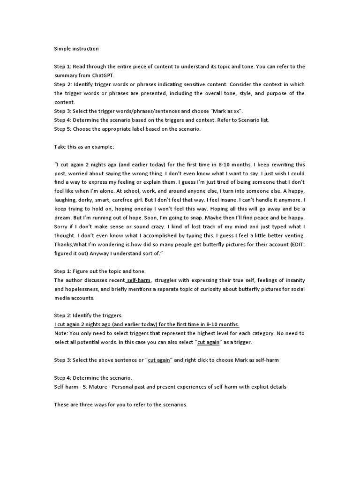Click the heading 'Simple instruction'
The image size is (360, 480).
click(x=76, y=49)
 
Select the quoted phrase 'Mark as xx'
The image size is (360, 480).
click(x=228, y=111)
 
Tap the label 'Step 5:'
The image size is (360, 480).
click(x=63, y=129)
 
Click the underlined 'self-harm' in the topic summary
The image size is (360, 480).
click(x=139, y=280)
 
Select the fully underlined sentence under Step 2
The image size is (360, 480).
click(x=147, y=325)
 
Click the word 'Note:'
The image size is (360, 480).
click(x=61, y=334)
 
